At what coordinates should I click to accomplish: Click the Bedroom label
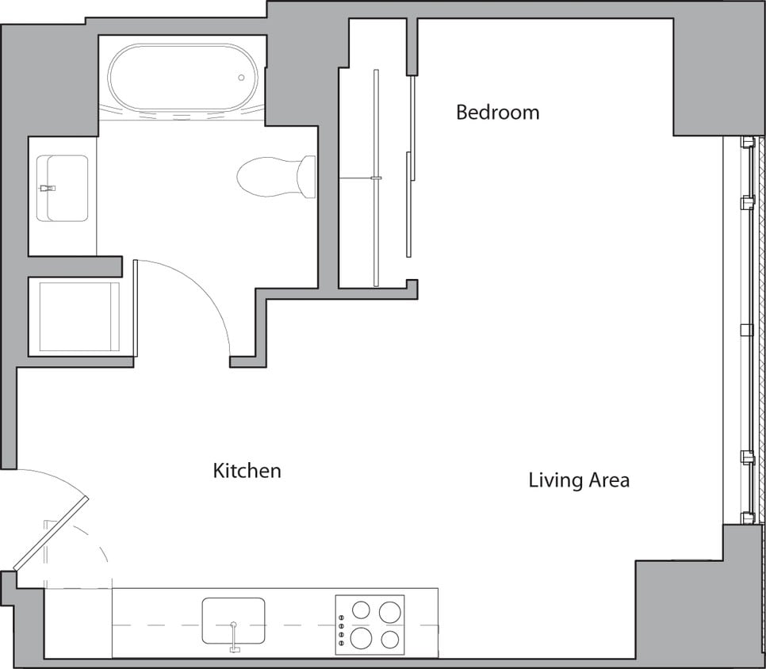(497, 113)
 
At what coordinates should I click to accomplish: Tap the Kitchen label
(247, 471)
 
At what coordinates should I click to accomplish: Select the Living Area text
(579, 480)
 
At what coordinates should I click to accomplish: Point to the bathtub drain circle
(242, 78)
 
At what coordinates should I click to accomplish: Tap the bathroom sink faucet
(48, 189)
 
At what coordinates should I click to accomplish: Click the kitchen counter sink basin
(232, 618)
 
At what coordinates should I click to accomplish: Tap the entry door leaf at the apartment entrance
(51, 535)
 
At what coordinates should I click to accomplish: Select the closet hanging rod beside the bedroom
(376, 178)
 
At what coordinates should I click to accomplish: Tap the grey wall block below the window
(698, 602)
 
